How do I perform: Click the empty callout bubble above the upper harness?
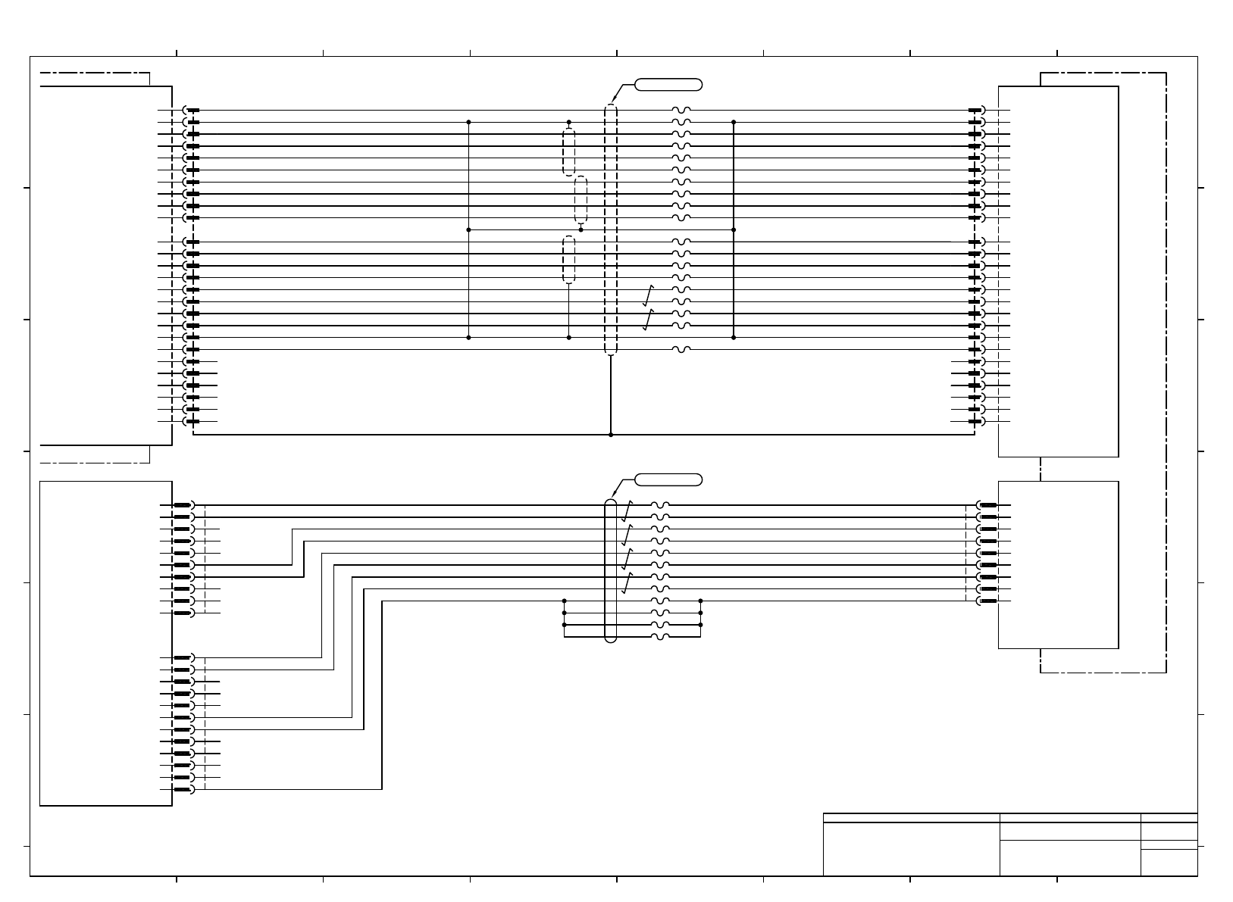668,84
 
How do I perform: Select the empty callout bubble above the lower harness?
668,479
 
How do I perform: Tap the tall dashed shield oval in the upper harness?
611,229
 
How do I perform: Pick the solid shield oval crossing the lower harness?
611,570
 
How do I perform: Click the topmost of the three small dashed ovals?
569,152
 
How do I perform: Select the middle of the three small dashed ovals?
581,199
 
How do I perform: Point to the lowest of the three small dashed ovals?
569,259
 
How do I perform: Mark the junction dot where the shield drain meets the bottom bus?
611,435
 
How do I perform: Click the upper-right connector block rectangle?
1058,271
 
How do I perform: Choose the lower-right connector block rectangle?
1058,565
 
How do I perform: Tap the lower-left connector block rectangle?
106,644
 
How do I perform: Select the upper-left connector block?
106,265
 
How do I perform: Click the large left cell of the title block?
911,849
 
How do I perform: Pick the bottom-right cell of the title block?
1169,863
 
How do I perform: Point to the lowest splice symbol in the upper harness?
681,350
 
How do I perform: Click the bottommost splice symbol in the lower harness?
660,637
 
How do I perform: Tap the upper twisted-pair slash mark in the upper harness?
648,295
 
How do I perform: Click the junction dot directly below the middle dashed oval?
581,229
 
